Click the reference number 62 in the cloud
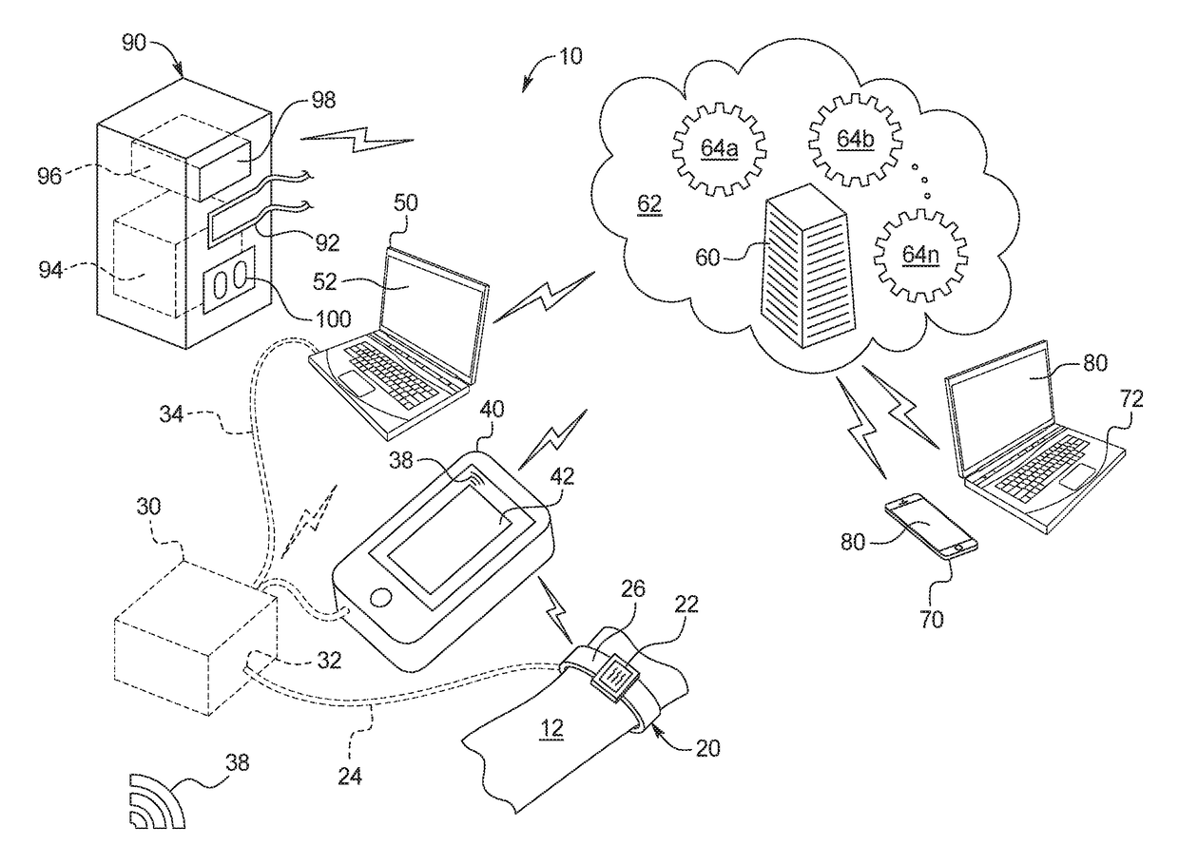click(649, 203)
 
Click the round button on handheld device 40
click(381, 598)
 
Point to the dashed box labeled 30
click(196, 638)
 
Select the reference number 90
click(134, 42)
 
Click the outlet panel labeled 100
click(229, 279)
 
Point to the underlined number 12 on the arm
click(551, 729)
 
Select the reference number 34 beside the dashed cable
click(171, 414)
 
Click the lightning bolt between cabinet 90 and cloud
click(357, 140)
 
